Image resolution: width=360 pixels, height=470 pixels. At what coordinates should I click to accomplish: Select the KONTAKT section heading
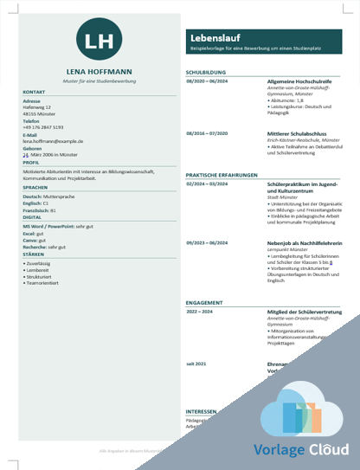[x=34, y=91]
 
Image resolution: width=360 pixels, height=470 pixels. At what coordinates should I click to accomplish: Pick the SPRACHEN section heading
[x=35, y=186]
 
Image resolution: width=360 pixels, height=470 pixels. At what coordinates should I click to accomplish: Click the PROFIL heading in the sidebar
[x=31, y=162]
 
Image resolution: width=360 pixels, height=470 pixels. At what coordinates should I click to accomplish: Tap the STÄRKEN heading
[x=34, y=254]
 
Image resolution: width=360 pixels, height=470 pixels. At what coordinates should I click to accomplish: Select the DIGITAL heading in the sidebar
[x=33, y=217]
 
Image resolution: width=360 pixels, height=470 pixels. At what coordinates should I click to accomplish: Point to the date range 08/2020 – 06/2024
[x=207, y=80]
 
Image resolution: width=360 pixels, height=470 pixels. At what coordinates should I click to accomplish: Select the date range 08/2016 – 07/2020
[x=207, y=133]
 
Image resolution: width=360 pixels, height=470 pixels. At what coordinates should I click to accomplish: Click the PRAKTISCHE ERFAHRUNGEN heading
[x=220, y=176]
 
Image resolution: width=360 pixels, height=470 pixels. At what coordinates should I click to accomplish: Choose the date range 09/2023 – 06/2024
[x=207, y=243]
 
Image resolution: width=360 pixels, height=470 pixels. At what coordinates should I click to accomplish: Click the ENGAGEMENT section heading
[x=204, y=303]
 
